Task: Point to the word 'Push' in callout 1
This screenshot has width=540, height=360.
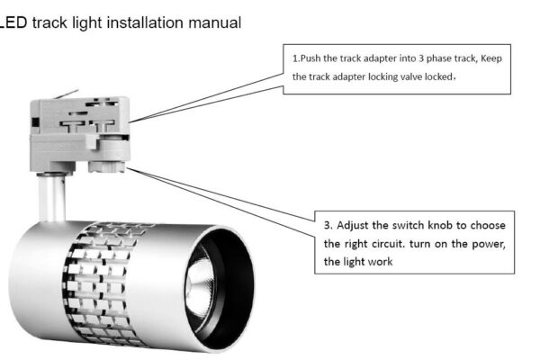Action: click(311, 58)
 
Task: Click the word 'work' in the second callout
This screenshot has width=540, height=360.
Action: click(380, 262)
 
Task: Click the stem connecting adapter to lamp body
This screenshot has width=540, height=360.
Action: click(56, 193)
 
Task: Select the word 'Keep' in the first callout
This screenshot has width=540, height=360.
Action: click(490, 58)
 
